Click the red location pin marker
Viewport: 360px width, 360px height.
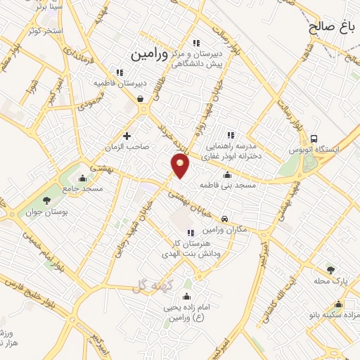[x=181, y=167]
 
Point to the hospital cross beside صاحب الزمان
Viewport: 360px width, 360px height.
[x=127, y=136]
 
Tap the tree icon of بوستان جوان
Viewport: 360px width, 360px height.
[x=46, y=200]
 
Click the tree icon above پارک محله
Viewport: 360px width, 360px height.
[x=331, y=269]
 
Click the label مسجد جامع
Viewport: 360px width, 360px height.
[x=82, y=189]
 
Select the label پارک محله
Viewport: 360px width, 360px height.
[x=333, y=281]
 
